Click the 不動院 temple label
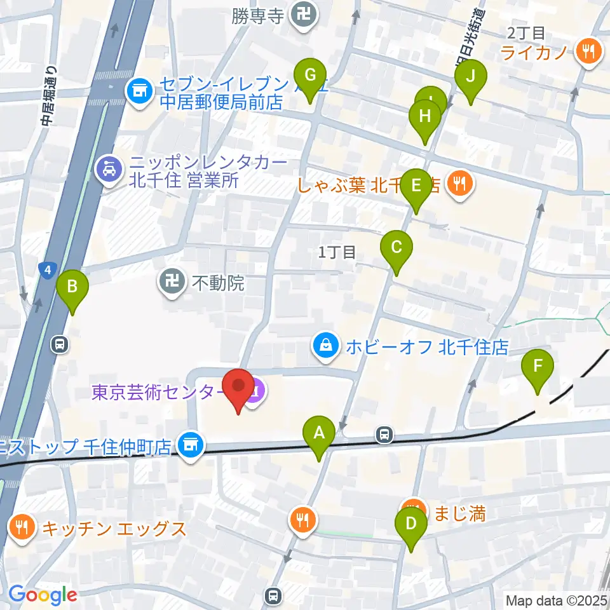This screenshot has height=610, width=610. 217,283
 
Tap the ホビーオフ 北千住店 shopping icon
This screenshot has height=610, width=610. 325,346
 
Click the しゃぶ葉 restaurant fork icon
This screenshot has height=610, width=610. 457,184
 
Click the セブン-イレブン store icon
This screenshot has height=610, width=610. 139,91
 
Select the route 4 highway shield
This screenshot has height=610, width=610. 47,271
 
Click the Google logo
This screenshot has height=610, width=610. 42,595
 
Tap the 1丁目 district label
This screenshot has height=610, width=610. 337,252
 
